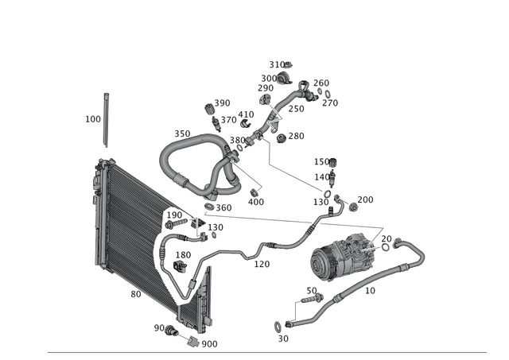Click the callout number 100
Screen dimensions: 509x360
pyautogui.click(x=93, y=119)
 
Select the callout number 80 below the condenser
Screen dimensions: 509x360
pyautogui.click(x=136, y=294)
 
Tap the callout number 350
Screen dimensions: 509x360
pyautogui.click(x=182, y=134)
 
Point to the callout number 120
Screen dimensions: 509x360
pyautogui.click(x=262, y=265)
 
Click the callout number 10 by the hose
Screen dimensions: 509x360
pyautogui.click(x=370, y=291)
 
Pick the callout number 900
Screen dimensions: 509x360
pyautogui.click(x=209, y=344)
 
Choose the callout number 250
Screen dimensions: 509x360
pyautogui.click(x=296, y=109)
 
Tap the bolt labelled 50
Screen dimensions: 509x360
pyautogui.click(x=313, y=298)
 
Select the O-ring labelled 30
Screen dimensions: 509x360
pyautogui.click(x=278, y=327)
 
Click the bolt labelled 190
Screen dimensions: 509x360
pyautogui.click(x=177, y=223)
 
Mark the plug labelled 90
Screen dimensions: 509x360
pyautogui.click(x=171, y=331)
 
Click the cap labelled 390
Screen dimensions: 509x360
pyautogui.click(x=210, y=109)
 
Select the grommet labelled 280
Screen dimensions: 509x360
pyautogui.click(x=281, y=137)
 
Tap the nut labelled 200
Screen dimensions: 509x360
pyautogui.click(x=353, y=207)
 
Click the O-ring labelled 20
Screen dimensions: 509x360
pyautogui.click(x=385, y=247)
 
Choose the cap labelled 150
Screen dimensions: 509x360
pyautogui.click(x=332, y=162)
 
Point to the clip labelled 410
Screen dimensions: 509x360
pyautogui.click(x=246, y=123)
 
